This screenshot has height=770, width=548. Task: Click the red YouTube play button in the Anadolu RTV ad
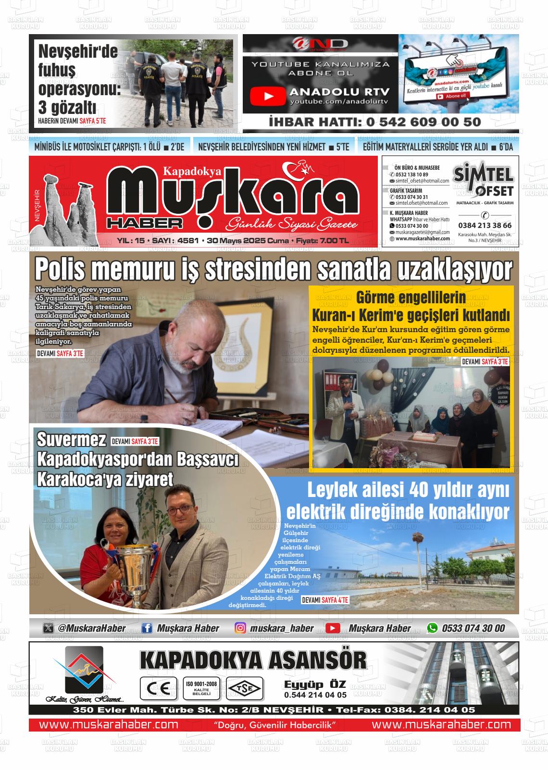(268, 96)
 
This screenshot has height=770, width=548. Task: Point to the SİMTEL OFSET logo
(485, 181)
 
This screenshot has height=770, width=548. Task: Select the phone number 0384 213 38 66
(485, 225)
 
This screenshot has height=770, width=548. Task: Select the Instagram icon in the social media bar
(240, 628)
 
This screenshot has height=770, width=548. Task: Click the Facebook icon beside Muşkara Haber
(147, 628)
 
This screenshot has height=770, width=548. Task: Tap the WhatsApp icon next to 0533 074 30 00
(433, 628)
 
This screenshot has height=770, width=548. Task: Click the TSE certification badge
(245, 688)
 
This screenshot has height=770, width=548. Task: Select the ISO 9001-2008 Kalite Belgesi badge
(201, 688)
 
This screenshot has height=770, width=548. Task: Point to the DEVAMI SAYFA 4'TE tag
(325, 600)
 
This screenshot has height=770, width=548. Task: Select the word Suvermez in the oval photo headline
(71, 439)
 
